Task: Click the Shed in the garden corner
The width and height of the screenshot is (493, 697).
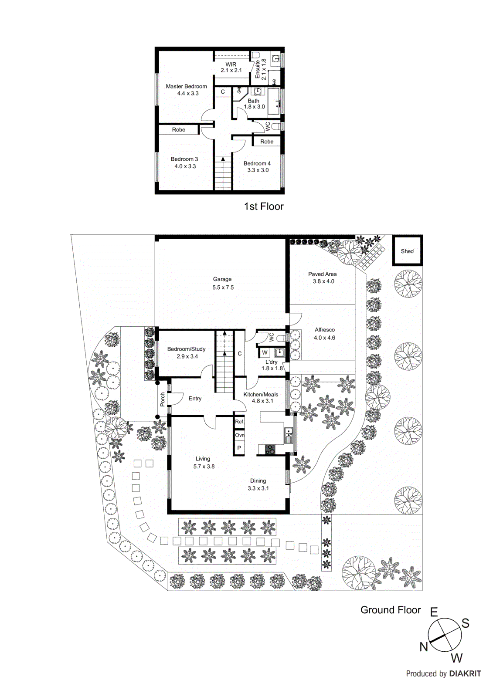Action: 407,251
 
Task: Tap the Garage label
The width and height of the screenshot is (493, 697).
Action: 222,279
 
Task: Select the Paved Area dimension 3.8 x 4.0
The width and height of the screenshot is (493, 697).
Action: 323,281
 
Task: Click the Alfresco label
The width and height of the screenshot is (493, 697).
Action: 325,330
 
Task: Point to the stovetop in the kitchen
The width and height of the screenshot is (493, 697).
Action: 270,450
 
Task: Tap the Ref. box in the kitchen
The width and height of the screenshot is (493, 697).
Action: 239,422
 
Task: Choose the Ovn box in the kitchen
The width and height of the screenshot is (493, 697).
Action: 239,435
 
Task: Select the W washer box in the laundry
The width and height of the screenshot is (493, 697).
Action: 265,352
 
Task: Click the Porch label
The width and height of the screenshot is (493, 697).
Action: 163,399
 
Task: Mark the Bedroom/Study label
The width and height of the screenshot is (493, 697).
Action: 186,349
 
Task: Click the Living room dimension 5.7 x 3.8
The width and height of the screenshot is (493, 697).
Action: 204,467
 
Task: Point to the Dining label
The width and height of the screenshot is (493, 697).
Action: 258,481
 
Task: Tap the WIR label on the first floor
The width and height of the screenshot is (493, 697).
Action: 231,64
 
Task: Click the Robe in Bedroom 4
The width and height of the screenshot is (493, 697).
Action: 267,142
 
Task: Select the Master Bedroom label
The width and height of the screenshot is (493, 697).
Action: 186,86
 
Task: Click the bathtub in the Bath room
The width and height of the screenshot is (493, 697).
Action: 273,101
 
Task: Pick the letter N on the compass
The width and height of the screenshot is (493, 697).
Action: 424,647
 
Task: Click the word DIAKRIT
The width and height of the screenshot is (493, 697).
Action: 465,673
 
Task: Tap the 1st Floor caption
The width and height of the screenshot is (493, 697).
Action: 264,206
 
